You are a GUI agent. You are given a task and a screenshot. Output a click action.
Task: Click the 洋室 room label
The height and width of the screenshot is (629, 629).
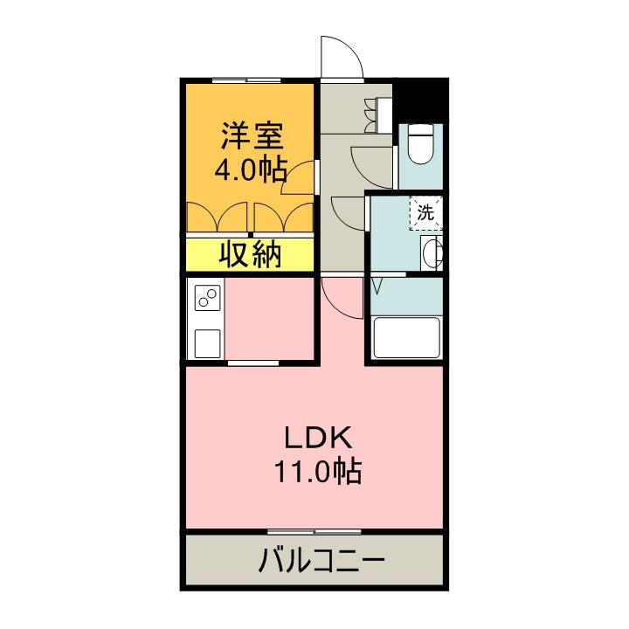[x=250, y=136]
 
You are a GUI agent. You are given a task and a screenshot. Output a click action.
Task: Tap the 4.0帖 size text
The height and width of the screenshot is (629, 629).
[x=250, y=169]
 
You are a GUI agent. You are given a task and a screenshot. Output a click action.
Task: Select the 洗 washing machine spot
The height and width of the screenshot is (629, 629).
[x=425, y=211]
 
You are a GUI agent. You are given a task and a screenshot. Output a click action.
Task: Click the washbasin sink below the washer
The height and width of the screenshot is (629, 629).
[x=432, y=253]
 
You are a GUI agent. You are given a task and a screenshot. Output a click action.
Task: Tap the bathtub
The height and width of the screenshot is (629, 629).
[x=406, y=338]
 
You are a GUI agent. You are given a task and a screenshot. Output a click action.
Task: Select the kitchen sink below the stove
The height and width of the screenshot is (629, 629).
[x=208, y=342]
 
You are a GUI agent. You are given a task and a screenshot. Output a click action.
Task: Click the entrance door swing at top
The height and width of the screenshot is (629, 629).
[x=342, y=59]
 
